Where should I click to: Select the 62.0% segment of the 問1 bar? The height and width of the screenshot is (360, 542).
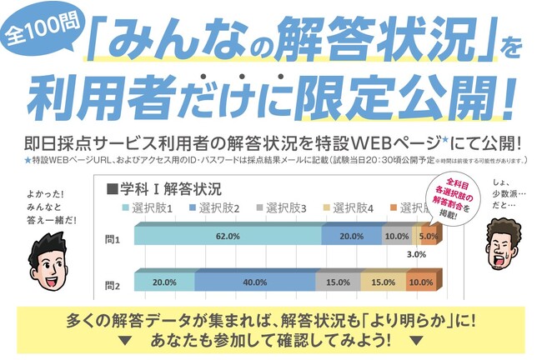pyautogui.click(x=227, y=237)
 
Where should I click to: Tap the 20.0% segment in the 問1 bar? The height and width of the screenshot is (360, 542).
pyautogui.click(x=351, y=237)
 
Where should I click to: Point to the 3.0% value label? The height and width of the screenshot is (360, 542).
pyautogui.click(x=417, y=255)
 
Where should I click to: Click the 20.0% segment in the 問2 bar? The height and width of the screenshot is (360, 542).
pyautogui.click(x=164, y=282)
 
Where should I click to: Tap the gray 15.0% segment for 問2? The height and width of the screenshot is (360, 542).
pyautogui.click(x=338, y=282)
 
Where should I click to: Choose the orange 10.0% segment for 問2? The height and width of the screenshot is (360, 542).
pyautogui.click(x=422, y=282)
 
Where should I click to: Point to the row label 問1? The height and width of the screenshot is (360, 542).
pyautogui.click(x=113, y=238)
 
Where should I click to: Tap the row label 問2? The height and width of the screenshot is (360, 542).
pyautogui.click(x=113, y=284)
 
